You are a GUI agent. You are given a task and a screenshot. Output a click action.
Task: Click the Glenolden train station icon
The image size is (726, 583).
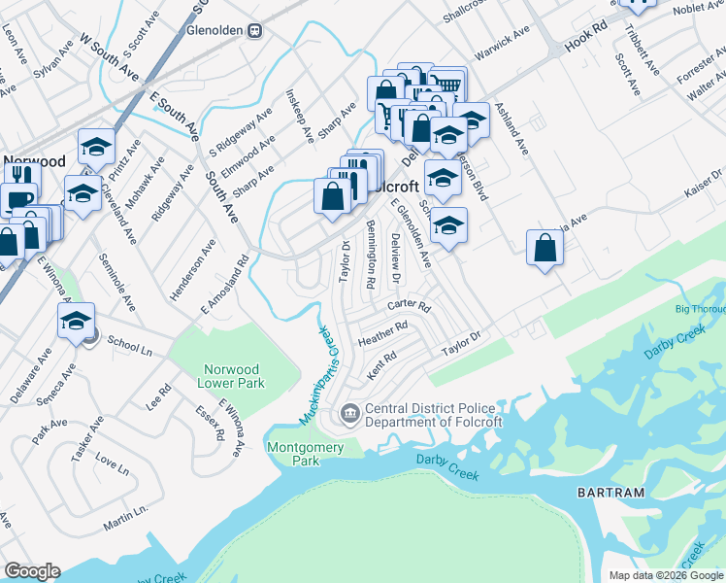[x=254, y=29]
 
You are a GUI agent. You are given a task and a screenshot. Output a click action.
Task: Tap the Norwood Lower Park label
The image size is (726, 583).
[x=231, y=376]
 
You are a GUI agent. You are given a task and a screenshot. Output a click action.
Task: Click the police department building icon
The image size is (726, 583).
[x=349, y=415]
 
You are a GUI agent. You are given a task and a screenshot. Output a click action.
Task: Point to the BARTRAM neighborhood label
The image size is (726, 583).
[x=610, y=493]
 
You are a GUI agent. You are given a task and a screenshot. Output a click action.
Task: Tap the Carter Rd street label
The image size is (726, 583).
[x=409, y=305]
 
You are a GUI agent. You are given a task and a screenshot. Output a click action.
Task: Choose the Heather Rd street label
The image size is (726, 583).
[x=380, y=334]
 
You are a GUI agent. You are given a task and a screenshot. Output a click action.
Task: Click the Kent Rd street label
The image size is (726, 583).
[x=383, y=365]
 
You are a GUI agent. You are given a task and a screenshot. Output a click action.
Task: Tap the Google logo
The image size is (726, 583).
[x=32, y=571]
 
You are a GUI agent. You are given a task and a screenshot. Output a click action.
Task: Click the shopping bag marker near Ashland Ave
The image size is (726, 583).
[x=545, y=248]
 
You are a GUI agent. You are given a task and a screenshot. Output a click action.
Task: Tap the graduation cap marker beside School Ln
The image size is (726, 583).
[x=77, y=323]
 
